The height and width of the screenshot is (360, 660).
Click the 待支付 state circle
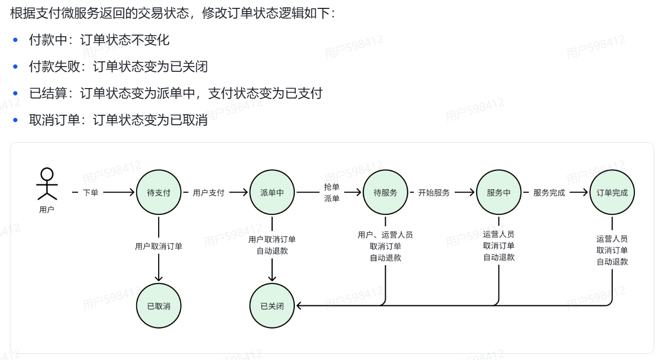[159, 192]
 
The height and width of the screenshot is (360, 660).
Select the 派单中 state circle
[272, 192]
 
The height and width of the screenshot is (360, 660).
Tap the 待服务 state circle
[386, 192]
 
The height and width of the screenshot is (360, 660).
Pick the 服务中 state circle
[499, 192]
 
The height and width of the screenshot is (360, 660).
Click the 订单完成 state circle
[612, 192]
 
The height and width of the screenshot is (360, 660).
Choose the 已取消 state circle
[159, 306]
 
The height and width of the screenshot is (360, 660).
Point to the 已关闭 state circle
[272, 306]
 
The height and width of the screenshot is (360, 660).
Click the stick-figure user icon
[47, 184]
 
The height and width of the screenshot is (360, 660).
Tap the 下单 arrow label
[91, 192]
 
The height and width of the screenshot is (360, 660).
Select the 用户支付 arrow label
[208, 192]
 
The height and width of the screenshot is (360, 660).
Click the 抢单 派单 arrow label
[332, 192]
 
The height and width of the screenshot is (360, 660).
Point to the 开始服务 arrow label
[434, 192]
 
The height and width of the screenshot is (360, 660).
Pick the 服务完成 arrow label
[549, 192]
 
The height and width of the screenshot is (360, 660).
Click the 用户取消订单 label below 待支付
[159, 246]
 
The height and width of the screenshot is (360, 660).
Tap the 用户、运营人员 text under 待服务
[386, 235]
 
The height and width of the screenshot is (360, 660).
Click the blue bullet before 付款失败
[16, 67]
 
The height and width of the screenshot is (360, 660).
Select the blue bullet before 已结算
[16, 93]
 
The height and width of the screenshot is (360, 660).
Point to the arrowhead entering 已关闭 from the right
[299, 306]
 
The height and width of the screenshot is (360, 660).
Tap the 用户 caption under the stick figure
[47, 210]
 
